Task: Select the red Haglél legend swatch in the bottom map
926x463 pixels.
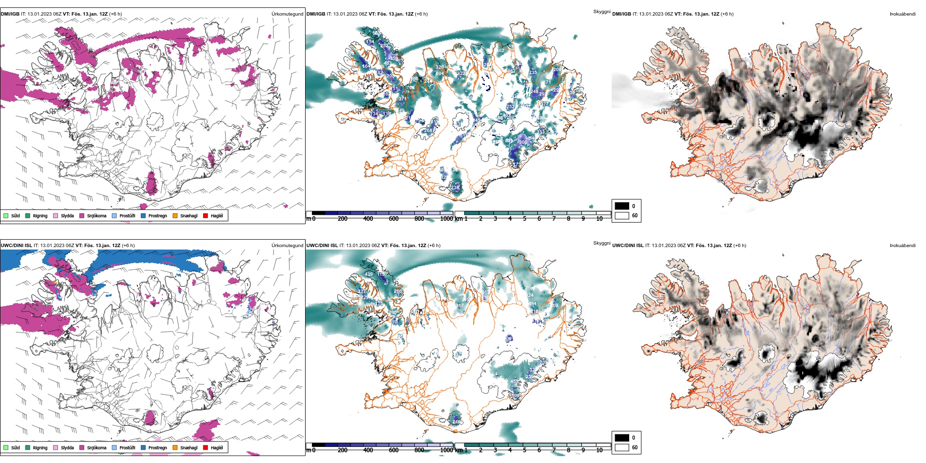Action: click(x=206, y=447)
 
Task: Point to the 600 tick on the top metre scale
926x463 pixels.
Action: click(x=393, y=219)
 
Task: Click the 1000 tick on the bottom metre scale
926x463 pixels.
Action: click(x=446, y=450)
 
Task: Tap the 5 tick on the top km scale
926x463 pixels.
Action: click(x=524, y=219)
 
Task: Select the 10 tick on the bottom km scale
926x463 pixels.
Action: click(x=599, y=450)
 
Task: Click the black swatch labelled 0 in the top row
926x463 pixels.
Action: click(x=622, y=206)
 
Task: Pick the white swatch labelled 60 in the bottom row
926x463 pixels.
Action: click(x=622, y=447)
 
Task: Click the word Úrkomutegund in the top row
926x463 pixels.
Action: click(x=287, y=14)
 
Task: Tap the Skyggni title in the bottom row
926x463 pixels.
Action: click(x=601, y=243)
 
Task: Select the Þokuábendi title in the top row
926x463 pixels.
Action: click(x=903, y=14)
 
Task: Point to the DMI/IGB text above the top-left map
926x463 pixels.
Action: click(x=10, y=14)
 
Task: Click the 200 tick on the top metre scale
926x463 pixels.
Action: click(x=343, y=219)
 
